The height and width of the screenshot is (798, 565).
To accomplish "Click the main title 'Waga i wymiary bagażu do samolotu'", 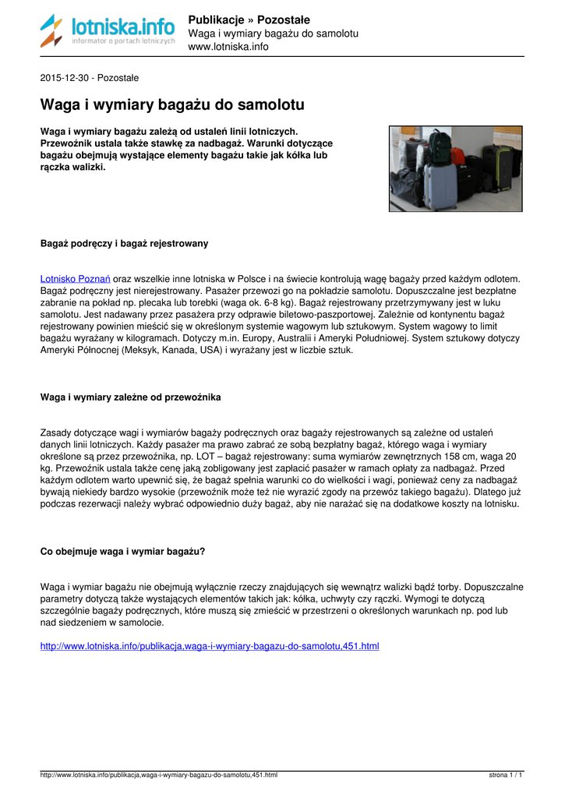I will (172, 104).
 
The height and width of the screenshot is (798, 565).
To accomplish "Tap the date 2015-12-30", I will (65, 78).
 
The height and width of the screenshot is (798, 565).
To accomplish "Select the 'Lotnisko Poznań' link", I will (75, 278).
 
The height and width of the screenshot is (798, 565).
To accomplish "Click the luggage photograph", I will (455, 168).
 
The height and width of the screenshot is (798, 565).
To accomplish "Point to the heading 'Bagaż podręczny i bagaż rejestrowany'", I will (124, 244).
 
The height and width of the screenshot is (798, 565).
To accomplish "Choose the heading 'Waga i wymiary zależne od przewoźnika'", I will (130, 397).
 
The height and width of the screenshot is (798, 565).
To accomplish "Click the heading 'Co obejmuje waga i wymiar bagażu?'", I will (122, 552).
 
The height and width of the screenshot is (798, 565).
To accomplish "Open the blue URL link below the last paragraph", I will (209, 646).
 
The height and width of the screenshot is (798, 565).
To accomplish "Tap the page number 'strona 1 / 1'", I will (505, 775).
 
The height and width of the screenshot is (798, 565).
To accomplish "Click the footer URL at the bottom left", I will (158, 775).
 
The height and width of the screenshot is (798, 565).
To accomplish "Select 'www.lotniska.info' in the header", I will (228, 47).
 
